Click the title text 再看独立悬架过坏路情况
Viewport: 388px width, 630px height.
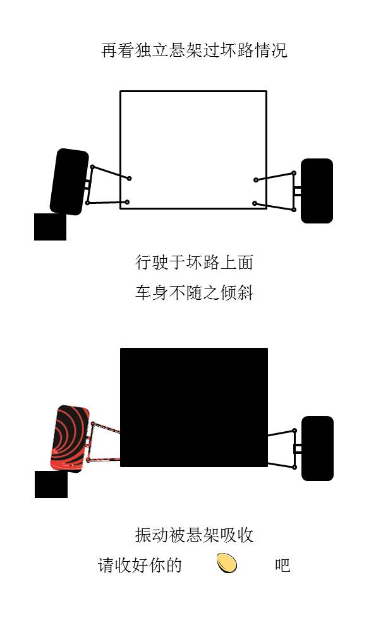pyautogui.click(x=194, y=51)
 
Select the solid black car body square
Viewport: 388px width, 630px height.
pyautogui.click(x=193, y=407)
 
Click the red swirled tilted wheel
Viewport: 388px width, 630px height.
pyautogui.click(x=70, y=438)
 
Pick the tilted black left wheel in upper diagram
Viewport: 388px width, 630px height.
pyautogui.click(x=69, y=182)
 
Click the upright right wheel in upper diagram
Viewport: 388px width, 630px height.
pyautogui.click(x=317, y=191)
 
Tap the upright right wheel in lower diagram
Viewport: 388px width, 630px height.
pyautogui.click(x=317, y=448)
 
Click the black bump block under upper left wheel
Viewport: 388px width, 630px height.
pyautogui.click(x=50, y=227)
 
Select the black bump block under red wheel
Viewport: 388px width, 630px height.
pyautogui.click(x=51, y=484)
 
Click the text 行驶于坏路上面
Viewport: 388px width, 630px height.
pyautogui.click(x=194, y=262)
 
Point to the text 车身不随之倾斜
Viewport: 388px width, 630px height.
pyautogui.click(x=194, y=293)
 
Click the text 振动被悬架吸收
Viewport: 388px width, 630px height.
pyautogui.click(x=194, y=535)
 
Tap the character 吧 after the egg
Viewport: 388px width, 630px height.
pyautogui.click(x=282, y=565)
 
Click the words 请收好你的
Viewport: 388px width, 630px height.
pyautogui.click(x=140, y=565)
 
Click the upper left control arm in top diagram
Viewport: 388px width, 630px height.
pyautogui.click(x=111, y=172)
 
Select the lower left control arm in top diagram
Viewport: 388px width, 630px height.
pyautogui.click(x=107, y=203)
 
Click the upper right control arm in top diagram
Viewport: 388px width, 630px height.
pyautogui.click(x=275, y=176)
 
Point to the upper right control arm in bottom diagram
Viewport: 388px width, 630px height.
pyautogui.click(x=281, y=433)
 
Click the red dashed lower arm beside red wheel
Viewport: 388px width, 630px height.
pyautogui.click(x=104, y=459)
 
